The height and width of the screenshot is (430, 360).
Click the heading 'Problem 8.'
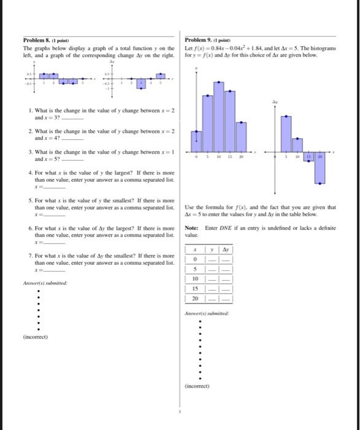(x=37, y=42)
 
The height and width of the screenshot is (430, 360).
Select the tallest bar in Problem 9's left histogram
(x=219, y=114)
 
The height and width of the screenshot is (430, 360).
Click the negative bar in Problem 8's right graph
(x=140, y=84)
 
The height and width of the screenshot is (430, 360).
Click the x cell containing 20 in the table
(x=195, y=298)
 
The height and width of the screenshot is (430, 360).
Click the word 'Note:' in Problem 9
(x=191, y=228)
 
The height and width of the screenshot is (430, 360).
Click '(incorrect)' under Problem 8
(x=36, y=337)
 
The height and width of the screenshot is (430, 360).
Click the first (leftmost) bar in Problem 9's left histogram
(x=197, y=141)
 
